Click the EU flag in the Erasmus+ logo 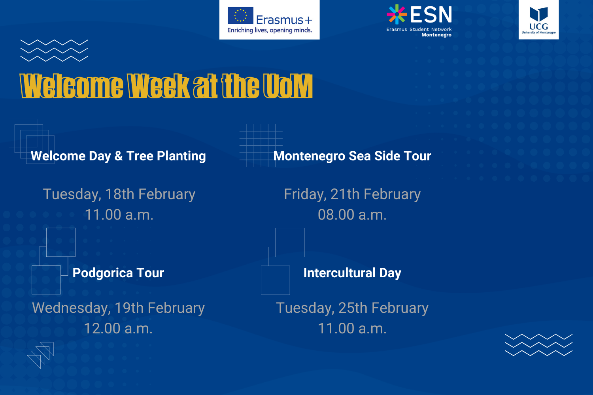(240, 15)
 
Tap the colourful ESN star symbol (397, 14)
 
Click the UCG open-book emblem (538, 14)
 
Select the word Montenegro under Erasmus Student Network (436, 35)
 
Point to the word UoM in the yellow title (288, 86)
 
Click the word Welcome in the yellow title (72, 86)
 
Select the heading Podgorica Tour (118, 273)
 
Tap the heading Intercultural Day (352, 273)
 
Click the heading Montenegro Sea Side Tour (352, 156)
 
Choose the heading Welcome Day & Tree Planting (118, 156)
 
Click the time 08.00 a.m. (352, 214)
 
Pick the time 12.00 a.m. (118, 328)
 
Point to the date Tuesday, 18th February (119, 194)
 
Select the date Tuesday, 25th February (352, 308)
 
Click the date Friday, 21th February (352, 194)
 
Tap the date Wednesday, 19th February (118, 308)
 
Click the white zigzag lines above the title (54, 51)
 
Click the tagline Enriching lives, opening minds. (270, 30)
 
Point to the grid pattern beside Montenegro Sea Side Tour (261, 145)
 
